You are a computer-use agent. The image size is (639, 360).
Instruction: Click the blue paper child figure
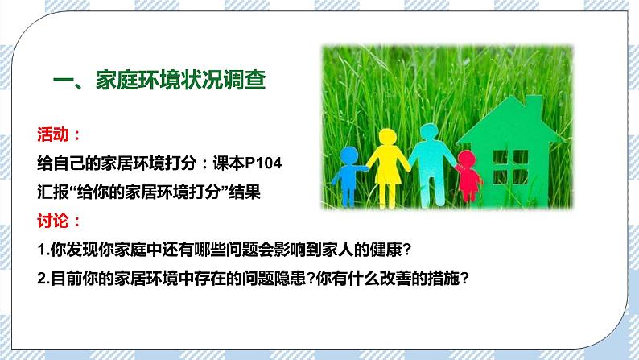pos(348,174)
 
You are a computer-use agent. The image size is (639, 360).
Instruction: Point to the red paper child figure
pos(468,176)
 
